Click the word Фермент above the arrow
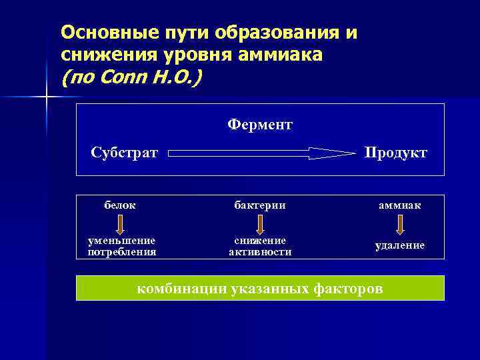click(x=260, y=125)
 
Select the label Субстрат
click(x=125, y=153)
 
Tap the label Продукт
click(x=395, y=153)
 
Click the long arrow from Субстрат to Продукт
click(x=261, y=153)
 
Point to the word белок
click(x=120, y=205)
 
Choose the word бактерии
click(x=259, y=205)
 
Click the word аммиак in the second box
click(x=399, y=206)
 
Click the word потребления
click(x=122, y=251)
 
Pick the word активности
click(x=259, y=251)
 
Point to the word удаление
click(x=399, y=245)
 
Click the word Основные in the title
click(x=101, y=31)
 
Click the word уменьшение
click(x=122, y=240)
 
